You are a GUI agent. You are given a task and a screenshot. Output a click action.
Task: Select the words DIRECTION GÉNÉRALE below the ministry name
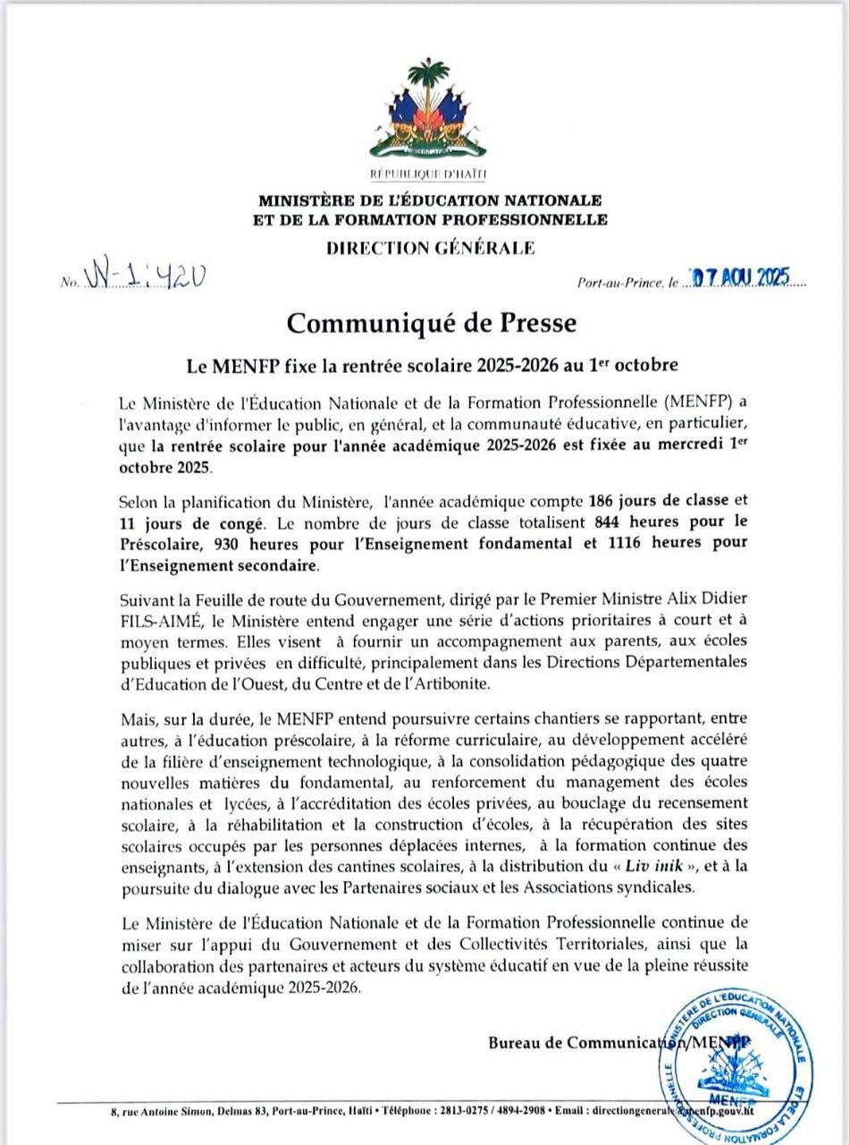click(x=431, y=248)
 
